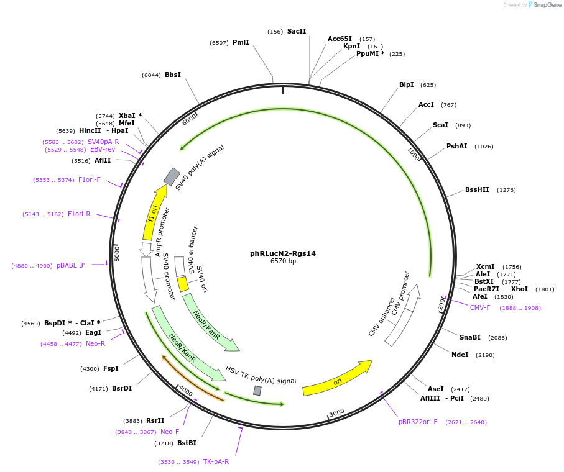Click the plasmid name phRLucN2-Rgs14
click(x=283, y=253)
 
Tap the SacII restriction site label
click(x=297, y=31)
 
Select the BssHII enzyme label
click(x=477, y=189)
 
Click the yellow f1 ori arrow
click(x=155, y=212)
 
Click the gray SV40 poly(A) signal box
click(x=172, y=176)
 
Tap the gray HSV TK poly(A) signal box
click(x=257, y=391)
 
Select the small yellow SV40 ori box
click(x=183, y=284)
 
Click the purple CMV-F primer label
click(x=480, y=307)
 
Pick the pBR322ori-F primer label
click(x=418, y=422)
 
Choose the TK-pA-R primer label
click(x=216, y=461)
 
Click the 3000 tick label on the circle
click(x=336, y=413)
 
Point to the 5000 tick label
click(x=116, y=253)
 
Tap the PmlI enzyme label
click(x=241, y=42)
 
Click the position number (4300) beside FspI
click(x=90, y=368)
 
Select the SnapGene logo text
click(x=547, y=5)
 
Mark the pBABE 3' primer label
click(x=71, y=265)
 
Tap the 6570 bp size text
click(x=283, y=261)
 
